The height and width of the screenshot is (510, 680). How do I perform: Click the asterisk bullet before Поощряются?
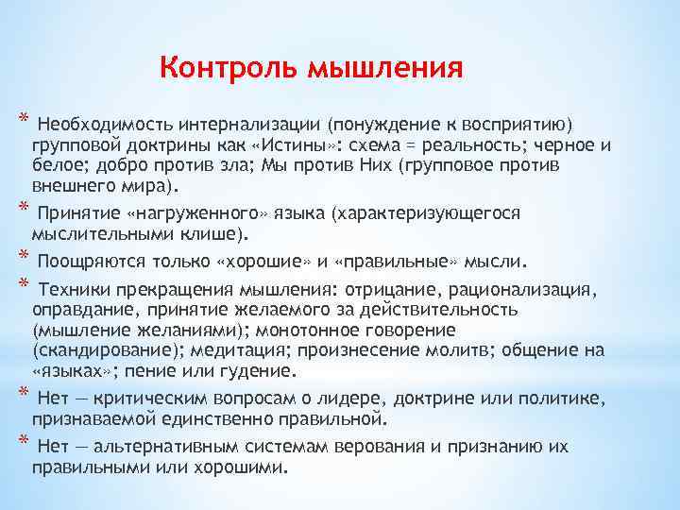coord(21,257)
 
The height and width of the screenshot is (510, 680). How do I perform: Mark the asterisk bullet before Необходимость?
coord(21,121)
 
